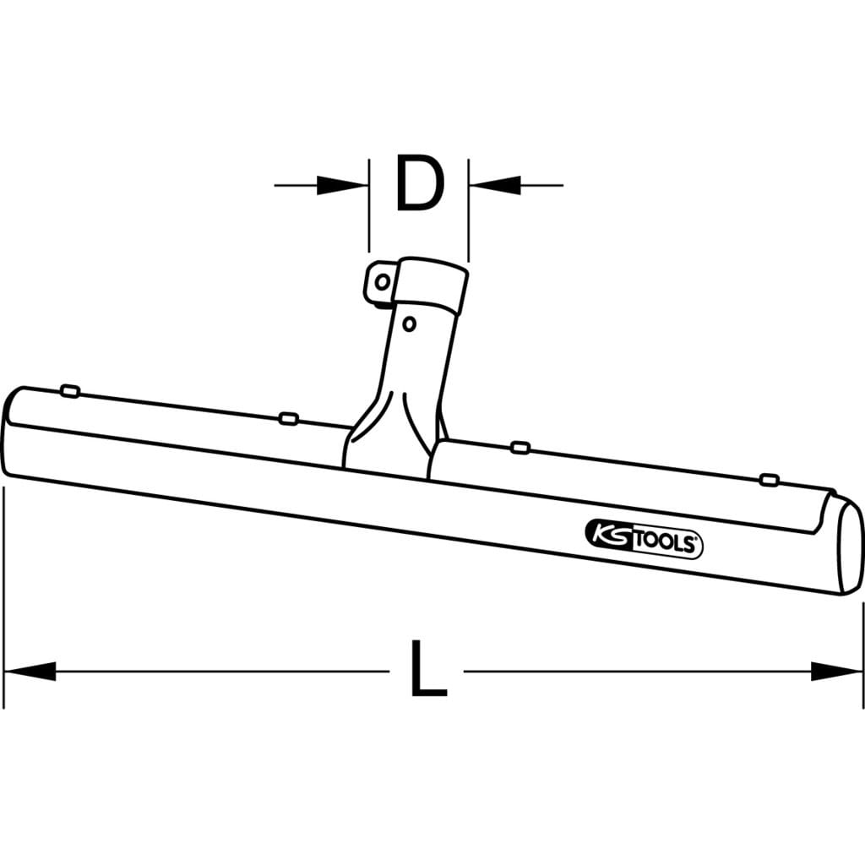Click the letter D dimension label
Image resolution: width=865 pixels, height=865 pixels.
421,183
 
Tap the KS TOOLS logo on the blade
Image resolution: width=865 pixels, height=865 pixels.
643,538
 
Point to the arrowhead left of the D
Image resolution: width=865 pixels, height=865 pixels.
343,185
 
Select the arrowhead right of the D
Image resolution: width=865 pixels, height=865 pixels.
495,185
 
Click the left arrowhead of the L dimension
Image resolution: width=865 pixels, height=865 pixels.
30,671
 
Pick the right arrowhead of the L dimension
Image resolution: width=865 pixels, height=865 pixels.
836,671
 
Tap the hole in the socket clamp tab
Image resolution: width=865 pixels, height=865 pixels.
382,282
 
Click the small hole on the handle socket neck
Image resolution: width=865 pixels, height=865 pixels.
409,324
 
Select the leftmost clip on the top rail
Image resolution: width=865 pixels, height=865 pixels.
70,391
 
